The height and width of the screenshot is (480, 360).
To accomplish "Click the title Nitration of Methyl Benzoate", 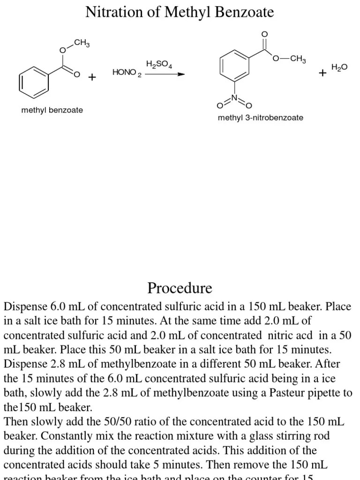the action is pyautogui.click(x=180, y=12).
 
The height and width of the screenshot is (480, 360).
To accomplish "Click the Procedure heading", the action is pyautogui.click(x=180, y=287).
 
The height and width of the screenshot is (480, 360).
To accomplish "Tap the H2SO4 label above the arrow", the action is pyautogui.click(x=159, y=64).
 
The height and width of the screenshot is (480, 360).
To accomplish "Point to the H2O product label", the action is pyautogui.click(x=339, y=67).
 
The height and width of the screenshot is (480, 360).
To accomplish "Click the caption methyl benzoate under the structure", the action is pyautogui.click(x=52, y=110).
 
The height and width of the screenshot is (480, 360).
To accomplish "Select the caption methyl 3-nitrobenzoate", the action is pyautogui.click(x=260, y=118).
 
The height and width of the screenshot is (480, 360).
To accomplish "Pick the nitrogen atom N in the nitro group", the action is pyautogui.click(x=235, y=98).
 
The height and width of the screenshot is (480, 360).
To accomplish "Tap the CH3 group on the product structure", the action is pyautogui.click(x=298, y=59).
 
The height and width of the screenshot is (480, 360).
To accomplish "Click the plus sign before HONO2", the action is pyautogui.click(x=92, y=77).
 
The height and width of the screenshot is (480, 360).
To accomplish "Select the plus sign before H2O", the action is pyautogui.click(x=322, y=73).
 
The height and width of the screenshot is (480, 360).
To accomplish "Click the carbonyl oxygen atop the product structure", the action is pyautogui.click(x=264, y=34).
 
